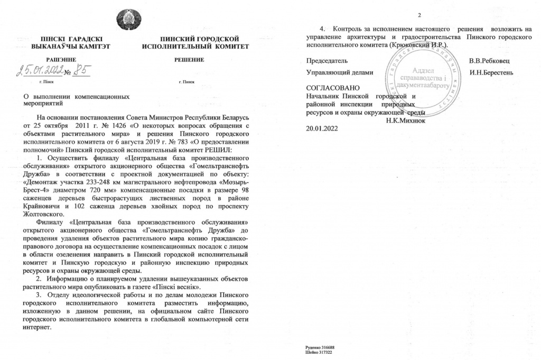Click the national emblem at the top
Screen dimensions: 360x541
point(128,20)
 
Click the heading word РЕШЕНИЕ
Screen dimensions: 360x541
point(189,60)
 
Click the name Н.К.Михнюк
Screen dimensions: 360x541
point(407,120)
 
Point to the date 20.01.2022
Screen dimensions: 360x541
point(322,128)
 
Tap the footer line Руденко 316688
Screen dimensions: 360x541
point(321,348)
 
